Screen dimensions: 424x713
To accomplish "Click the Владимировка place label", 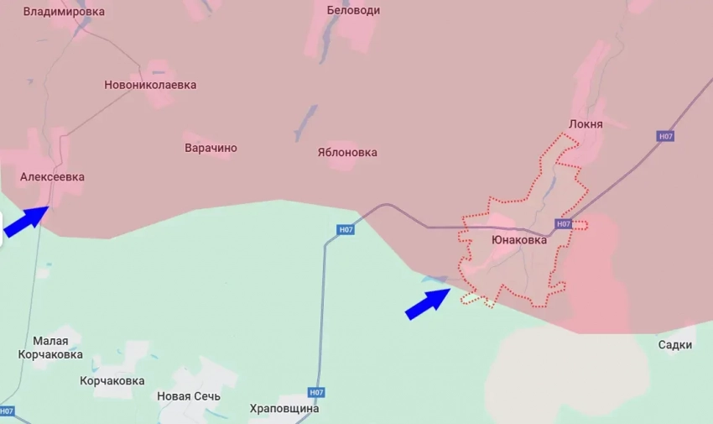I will click(x=64, y=12).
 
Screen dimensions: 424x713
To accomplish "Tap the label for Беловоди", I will click(x=353, y=10).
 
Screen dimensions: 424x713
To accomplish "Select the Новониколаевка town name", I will click(x=150, y=85).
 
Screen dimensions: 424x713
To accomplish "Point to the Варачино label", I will click(x=211, y=148).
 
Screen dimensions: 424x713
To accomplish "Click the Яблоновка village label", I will click(x=347, y=152).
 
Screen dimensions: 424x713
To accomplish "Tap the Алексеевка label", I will click(x=52, y=177).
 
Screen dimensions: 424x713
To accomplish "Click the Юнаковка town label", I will click(x=519, y=239).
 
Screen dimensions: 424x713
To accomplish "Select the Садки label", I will click(x=675, y=344).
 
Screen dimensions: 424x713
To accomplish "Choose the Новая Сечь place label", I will click(x=189, y=395).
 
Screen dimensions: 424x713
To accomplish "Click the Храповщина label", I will click(x=284, y=409).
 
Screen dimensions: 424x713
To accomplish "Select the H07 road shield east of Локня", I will click(x=665, y=136).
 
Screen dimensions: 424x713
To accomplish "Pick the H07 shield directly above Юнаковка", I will click(x=563, y=224).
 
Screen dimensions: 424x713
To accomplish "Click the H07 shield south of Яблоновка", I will click(x=345, y=229).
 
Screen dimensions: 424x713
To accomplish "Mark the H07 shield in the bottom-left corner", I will click(x=7, y=411).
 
